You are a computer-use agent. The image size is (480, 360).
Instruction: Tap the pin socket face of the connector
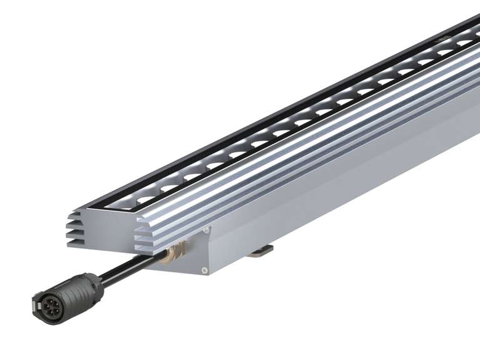pos(49,306)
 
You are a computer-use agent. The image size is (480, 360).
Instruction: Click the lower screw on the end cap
pos(205,270)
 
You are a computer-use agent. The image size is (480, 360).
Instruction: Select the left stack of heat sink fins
pos(75,229)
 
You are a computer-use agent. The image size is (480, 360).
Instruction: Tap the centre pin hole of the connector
pos(51,307)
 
